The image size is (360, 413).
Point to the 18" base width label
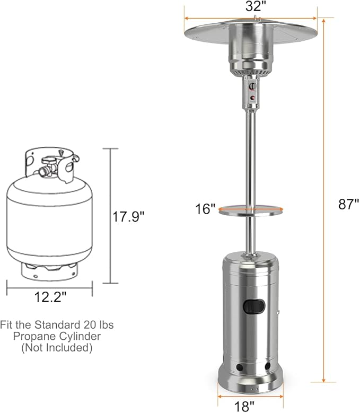pyautogui.click(x=244, y=407)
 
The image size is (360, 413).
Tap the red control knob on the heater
pyautogui.click(x=253, y=98)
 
